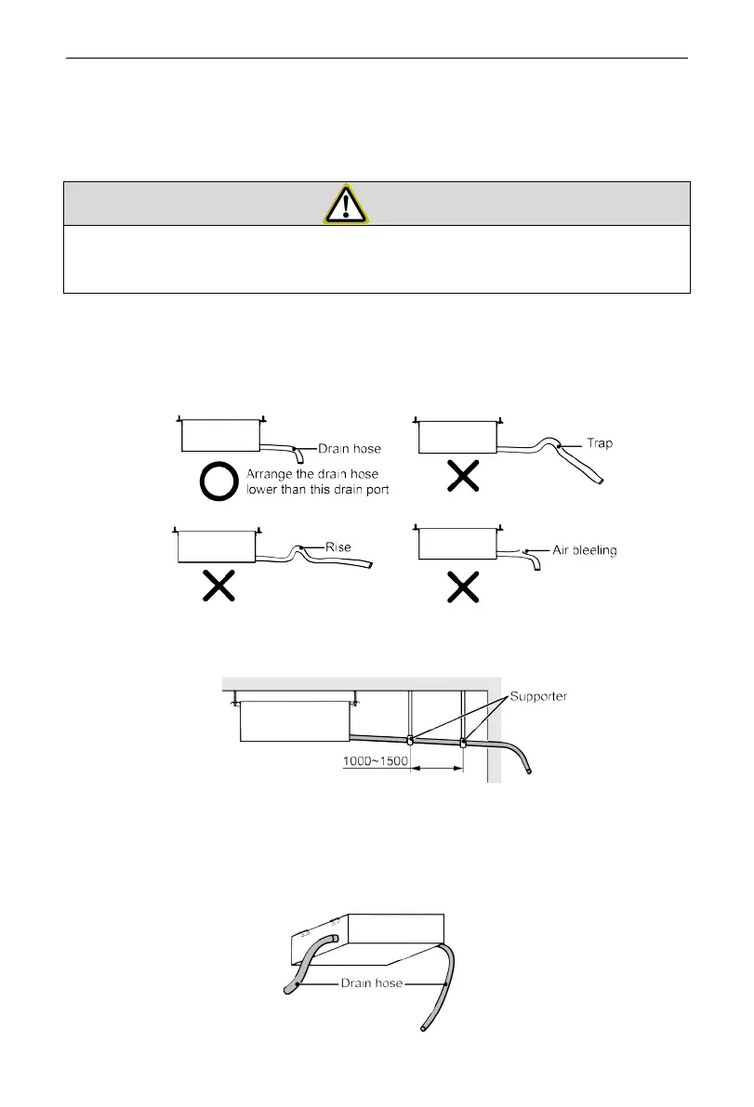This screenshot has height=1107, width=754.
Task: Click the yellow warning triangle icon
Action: (346, 204)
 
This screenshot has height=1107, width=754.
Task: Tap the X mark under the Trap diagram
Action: (464, 477)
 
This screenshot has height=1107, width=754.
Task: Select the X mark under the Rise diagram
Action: (218, 586)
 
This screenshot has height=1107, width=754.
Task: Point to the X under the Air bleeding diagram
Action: (464, 586)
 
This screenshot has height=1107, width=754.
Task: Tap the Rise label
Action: (337, 547)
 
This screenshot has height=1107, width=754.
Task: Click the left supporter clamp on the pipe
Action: (410, 741)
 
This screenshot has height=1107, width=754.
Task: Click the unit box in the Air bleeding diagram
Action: (456, 543)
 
